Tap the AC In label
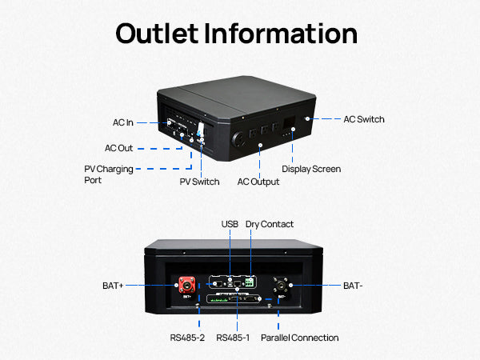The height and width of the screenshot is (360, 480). (122, 122)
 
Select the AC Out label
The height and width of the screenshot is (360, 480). (118, 148)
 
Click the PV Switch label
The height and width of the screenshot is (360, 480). (199, 182)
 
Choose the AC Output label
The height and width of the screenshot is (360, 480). (258, 182)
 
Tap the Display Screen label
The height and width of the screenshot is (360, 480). (311, 169)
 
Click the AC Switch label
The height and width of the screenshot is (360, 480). (364, 119)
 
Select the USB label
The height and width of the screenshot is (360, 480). (230, 224)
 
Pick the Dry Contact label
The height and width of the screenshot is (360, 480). (270, 224)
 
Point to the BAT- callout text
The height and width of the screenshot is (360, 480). (354, 285)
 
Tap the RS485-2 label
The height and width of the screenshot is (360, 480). (187, 338)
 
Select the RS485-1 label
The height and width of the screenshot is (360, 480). (233, 338)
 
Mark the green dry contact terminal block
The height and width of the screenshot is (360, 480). (252, 282)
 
